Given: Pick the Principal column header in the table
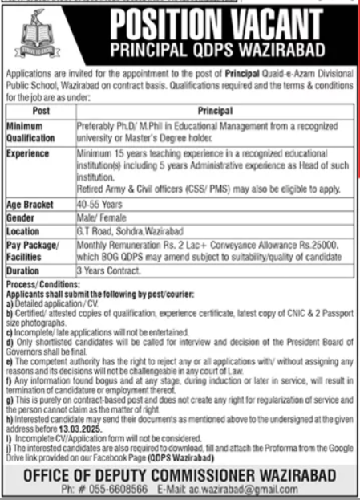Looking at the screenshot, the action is [217, 110].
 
